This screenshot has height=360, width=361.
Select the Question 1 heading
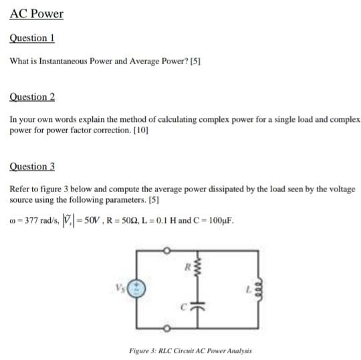pyautogui.click(x=31, y=38)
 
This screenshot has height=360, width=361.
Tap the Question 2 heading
pyautogui.click(x=32, y=97)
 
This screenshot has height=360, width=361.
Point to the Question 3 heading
pyautogui.click(x=32, y=166)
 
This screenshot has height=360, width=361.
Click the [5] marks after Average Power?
pyautogui.click(x=195, y=61)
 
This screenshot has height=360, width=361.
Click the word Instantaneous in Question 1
pyautogui.click(x=58, y=61)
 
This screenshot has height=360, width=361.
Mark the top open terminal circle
pyautogui.click(x=168, y=250)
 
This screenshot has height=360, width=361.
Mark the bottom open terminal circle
pyautogui.click(x=168, y=329)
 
